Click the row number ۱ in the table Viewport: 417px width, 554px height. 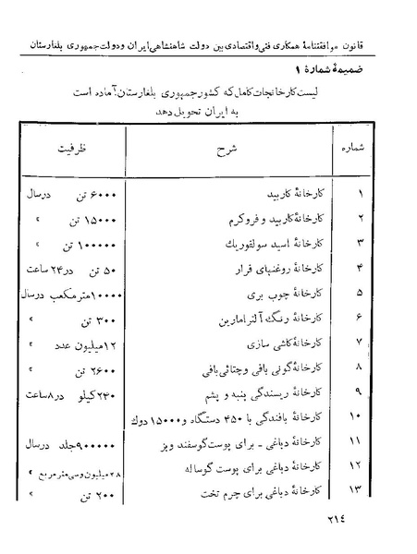[x=360, y=195]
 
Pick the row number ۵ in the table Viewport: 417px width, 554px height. [x=360, y=295]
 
